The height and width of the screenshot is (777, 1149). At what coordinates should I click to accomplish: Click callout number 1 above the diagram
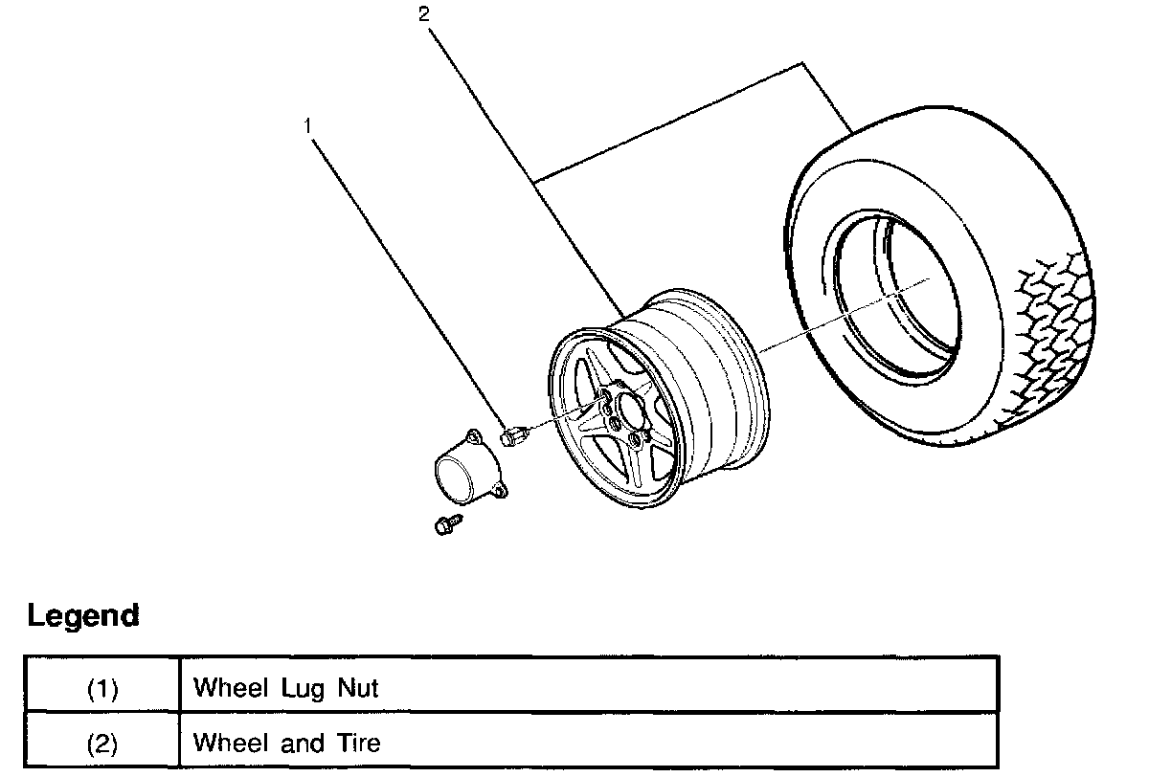[x=307, y=126]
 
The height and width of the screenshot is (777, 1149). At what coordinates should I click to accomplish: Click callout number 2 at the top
[x=423, y=14]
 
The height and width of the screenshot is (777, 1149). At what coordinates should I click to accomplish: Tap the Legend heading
[x=83, y=616]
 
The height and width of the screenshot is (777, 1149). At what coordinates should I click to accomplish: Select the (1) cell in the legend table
[x=102, y=688]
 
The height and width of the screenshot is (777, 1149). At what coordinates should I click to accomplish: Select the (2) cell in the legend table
[x=102, y=744]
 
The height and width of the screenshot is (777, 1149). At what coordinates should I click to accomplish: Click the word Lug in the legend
[x=303, y=689]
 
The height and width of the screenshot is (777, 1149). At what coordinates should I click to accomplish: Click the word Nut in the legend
[x=357, y=688]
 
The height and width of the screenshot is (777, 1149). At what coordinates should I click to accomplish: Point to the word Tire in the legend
[x=358, y=743]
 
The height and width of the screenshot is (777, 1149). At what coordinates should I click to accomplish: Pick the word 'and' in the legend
[x=303, y=743]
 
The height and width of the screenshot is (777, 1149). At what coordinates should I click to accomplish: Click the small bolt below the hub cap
[x=448, y=524]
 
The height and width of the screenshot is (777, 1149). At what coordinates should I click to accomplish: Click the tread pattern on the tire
[x=1054, y=339]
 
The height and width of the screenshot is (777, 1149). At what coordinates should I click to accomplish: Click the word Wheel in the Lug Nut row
[x=231, y=688]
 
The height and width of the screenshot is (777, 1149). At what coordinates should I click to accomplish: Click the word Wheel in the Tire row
[x=231, y=743]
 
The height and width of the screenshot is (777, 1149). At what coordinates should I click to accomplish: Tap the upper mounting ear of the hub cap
[x=473, y=437]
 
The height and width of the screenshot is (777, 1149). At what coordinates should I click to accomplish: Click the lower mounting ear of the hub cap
[x=499, y=493]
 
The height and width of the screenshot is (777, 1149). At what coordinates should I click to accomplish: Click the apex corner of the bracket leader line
[x=802, y=63]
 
